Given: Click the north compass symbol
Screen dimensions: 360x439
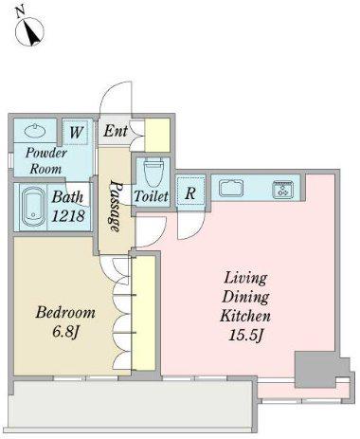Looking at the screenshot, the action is [x=29, y=29].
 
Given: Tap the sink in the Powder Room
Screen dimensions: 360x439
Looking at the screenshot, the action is [x=35, y=130].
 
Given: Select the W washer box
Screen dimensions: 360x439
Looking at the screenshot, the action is [x=75, y=132].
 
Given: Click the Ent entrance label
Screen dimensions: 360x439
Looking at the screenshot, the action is [x=116, y=131].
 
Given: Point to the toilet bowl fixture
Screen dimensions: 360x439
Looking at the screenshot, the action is [x=153, y=174].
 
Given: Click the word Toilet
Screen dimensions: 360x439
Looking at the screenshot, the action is [x=151, y=196].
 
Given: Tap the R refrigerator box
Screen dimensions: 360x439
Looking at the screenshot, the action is [x=190, y=192].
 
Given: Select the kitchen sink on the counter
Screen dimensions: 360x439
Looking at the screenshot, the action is [x=231, y=188].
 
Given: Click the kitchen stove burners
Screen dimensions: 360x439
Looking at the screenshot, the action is [x=282, y=190].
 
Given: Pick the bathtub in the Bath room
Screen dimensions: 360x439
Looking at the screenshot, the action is [x=33, y=207].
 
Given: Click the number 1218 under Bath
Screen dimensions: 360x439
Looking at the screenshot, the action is [x=68, y=216].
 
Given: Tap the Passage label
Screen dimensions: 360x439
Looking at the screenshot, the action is [x=114, y=206].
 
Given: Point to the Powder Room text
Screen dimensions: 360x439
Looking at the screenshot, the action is [x=45, y=160].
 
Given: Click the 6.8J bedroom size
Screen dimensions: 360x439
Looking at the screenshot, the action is [x=65, y=332].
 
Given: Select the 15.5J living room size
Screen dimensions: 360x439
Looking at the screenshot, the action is [x=245, y=336].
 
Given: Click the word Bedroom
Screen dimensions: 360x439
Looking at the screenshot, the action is [x=65, y=312].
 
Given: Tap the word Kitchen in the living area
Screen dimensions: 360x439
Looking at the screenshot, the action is [x=245, y=316].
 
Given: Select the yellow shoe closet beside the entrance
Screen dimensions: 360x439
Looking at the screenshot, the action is [x=157, y=135].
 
